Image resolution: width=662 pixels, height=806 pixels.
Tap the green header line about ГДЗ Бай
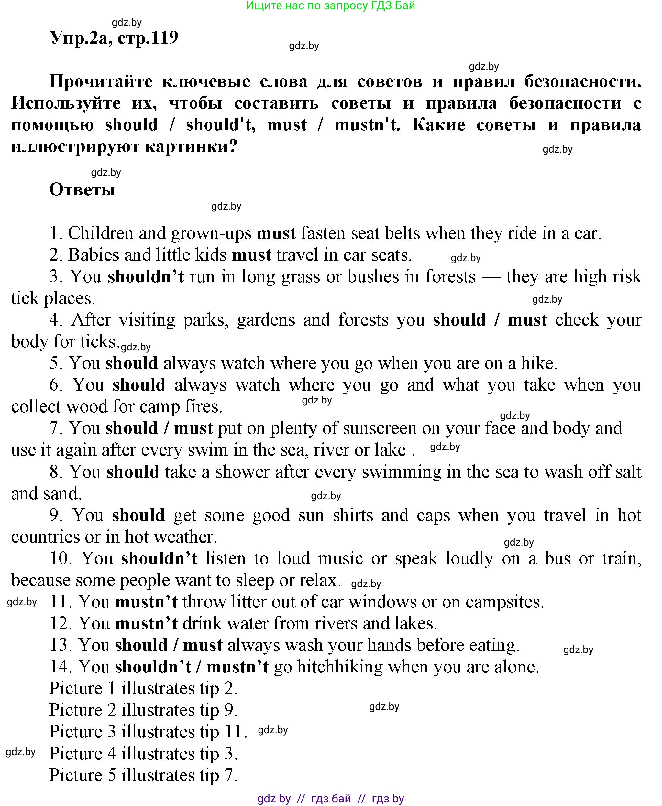[x=330, y=6]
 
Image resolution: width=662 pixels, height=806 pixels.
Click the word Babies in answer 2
[x=94, y=255]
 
